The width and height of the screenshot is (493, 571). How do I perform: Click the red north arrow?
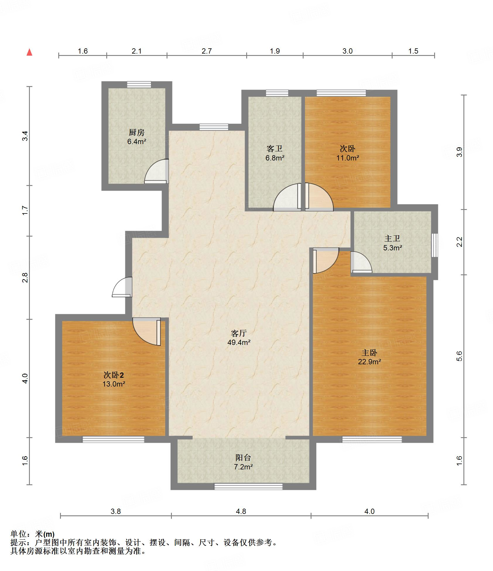click(x=29, y=52)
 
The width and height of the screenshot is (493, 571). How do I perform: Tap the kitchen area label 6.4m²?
click(x=136, y=142)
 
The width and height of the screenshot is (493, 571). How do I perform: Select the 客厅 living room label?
click(x=239, y=333)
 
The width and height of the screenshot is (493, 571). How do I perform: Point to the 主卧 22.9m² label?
click(x=369, y=357)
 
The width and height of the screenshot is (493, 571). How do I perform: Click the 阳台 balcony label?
click(x=243, y=457)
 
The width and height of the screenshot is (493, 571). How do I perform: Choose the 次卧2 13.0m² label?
click(x=114, y=379)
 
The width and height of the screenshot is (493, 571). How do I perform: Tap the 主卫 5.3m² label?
click(x=393, y=243)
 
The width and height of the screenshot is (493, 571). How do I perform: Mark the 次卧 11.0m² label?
click(x=348, y=153)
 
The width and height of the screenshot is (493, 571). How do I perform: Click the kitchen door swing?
click(x=157, y=171)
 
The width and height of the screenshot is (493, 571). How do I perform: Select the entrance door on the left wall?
click(x=122, y=287)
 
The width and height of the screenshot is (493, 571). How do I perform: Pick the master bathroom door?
click(x=361, y=262)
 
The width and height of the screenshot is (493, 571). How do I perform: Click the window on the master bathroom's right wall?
click(x=435, y=245)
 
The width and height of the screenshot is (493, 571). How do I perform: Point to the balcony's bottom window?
click(x=249, y=486)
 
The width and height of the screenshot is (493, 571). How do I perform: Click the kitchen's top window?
click(x=139, y=85)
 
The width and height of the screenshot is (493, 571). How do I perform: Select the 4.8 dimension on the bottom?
click(x=241, y=511)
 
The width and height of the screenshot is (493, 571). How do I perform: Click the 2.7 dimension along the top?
click(x=207, y=51)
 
